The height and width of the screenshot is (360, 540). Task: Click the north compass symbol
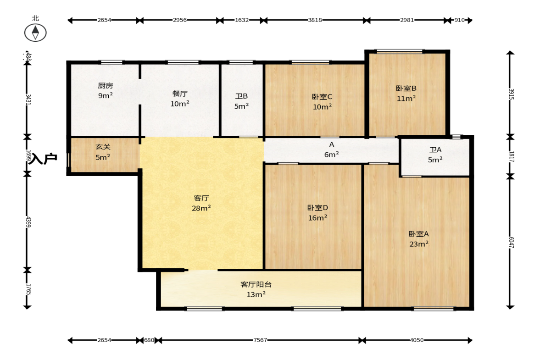pyautogui.click(x=35, y=33)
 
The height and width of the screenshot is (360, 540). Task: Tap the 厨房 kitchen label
pyautogui.click(x=106, y=86)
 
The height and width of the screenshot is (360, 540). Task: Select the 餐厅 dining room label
pyautogui.click(x=180, y=94)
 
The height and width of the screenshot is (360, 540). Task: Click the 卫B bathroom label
pyautogui.click(x=241, y=96)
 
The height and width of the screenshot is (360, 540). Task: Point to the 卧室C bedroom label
pyautogui.click(x=322, y=97)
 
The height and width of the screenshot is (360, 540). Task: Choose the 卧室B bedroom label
pyautogui.click(x=406, y=89)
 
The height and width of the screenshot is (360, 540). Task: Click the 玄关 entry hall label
pyautogui.click(x=103, y=147)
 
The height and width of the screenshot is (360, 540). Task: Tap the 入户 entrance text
pyautogui.click(x=43, y=159)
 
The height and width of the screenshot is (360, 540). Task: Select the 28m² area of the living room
pyautogui.click(x=201, y=208)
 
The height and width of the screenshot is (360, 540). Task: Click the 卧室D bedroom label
pyautogui.click(x=317, y=208)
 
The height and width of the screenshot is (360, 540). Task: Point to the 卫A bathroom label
pyautogui.click(x=435, y=150)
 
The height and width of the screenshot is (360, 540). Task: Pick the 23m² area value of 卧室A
pyautogui.click(x=419, y=244)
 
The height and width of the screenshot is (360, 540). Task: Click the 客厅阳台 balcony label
pyautogui.click(x=256, y=285)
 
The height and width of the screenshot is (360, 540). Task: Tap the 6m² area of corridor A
pyautogui.click(x=331, y=155)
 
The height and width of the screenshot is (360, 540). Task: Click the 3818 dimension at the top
pyautogui.click(x=315, y=20)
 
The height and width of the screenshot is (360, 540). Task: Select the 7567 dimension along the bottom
pyautogui.click(x=260, y=340)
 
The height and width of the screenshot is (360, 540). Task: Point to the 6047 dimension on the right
pyautogui.click(x=511, y=243)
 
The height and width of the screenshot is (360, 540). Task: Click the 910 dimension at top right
pyautogui.click(x=459, y=20)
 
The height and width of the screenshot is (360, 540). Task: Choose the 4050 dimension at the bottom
pyautogui.click(x=417, y=340)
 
